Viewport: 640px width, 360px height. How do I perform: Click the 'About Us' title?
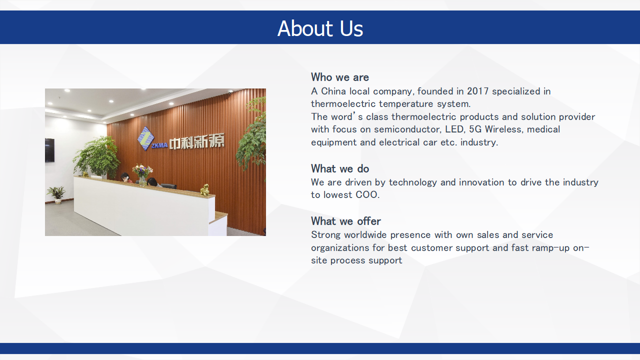(x=320, y=28)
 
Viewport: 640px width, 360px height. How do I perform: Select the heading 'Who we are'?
(x=339, y=77)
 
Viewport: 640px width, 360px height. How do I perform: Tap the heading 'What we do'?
(x=339, y=168)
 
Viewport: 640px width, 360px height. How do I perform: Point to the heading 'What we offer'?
(x=345, y=221)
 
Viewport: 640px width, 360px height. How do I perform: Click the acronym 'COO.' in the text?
(x=367, y=195)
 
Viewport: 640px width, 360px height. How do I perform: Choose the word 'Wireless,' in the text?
(x=504, y=129)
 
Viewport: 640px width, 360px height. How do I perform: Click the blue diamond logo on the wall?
(x=145, y=138)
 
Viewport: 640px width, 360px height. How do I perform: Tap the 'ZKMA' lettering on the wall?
(x=159, y=145)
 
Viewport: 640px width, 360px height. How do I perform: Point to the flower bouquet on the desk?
(x=142, y=174)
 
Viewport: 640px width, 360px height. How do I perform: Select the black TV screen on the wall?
(x=49, y=150)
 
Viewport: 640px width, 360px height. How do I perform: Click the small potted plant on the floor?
(x=57, y=194)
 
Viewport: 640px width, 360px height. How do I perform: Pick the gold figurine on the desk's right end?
(x=205, y=190)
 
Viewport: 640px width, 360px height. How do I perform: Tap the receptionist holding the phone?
(x=126, y=177)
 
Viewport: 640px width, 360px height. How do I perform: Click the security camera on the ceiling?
(x=230, y=92)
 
